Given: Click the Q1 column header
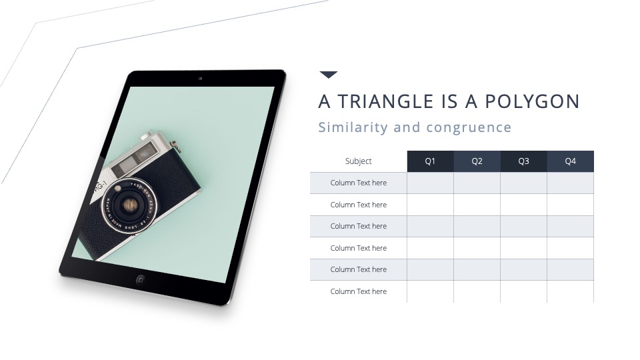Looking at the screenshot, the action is [x=430, y=161].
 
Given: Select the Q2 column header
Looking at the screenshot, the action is [x=477, y=161].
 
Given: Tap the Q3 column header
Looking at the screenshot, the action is [x=524, y=161].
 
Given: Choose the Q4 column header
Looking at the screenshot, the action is [x=570, y=161].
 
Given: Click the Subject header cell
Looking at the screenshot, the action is [x=359, y=161].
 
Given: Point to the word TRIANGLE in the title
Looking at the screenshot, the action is [x=386, y=101].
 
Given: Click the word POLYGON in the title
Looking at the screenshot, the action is [x=532, y=101].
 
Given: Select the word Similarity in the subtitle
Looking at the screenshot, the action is [x=353, y=127].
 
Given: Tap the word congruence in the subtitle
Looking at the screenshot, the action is [x=469, y=128].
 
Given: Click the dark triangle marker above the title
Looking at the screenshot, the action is [x=329, y=74].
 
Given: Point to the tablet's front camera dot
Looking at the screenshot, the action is [x=200, y=79].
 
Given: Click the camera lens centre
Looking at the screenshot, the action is [x=130, y=205].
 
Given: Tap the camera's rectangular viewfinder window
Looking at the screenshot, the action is [x=144, y=153].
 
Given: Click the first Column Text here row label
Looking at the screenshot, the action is [x=359, y=183].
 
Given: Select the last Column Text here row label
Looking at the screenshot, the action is [x=359, y=291].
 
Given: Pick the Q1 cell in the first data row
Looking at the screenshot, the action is [x=430, y=183].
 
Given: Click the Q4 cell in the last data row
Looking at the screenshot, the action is [x=570, y=291].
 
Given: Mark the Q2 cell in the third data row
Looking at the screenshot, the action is [x=477, y=226].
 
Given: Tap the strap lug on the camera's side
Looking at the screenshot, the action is [x=176, y=146].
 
